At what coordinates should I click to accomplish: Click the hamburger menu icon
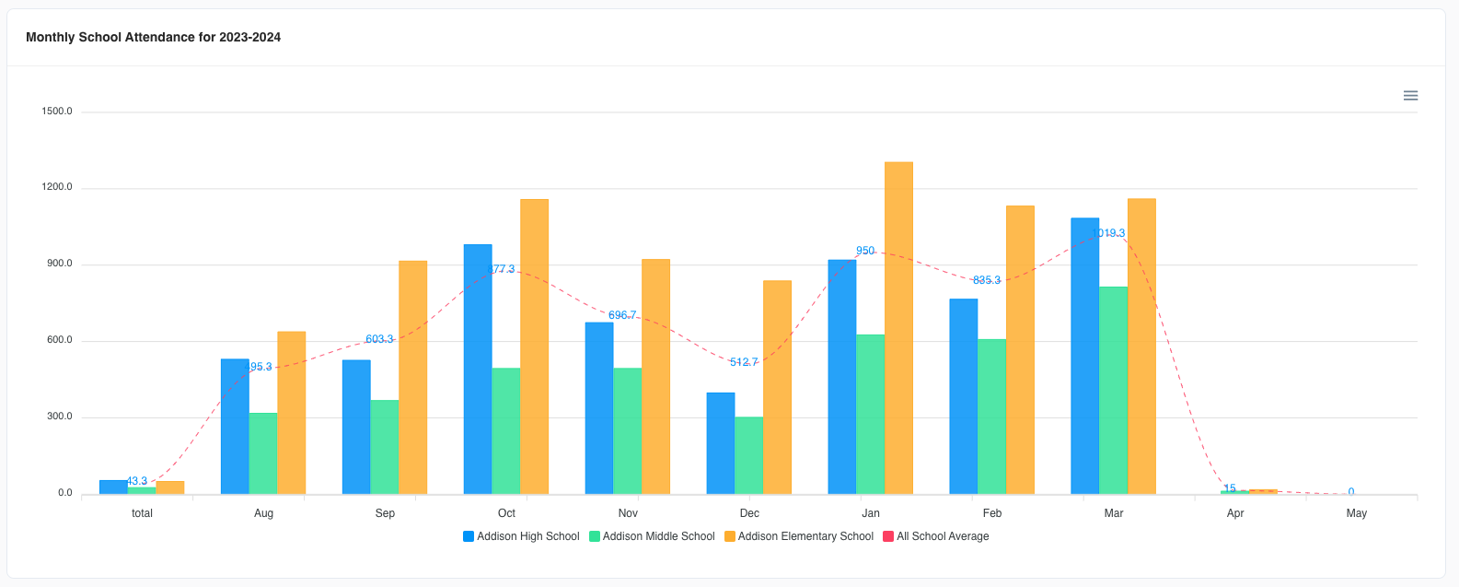click(1410, 96)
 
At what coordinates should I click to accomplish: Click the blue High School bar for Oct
click(478, 369)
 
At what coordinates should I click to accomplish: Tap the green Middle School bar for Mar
click(1113, 391)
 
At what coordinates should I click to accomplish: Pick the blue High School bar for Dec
click(721, 443)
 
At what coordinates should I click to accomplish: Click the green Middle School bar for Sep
click(385, 447)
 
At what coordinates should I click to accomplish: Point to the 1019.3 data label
click(1108, 233)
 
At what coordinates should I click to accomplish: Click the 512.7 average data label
click(744, 362)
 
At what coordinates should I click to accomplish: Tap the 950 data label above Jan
click(865, 251)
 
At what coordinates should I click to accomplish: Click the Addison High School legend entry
click(521, 536)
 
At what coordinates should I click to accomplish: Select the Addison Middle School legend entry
click(652, 536)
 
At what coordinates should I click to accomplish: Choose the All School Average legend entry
click(936, 536)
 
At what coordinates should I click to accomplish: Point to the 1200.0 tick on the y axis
click(57, 188)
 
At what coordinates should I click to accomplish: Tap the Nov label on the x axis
click(628, 513)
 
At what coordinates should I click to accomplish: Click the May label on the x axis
click(1356, 513)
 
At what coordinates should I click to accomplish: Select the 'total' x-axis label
click(142, 513)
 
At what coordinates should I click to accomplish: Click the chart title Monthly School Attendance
click(153, 38)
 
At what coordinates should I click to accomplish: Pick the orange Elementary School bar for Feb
click(1020, 350)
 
